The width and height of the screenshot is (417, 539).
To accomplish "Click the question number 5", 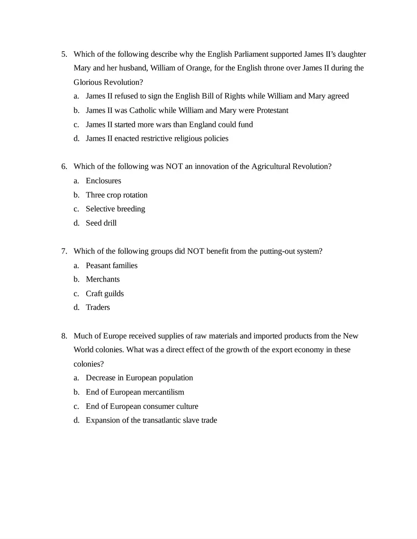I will tap(64, 54).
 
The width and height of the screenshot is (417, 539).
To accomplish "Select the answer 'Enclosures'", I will tap(103, 181).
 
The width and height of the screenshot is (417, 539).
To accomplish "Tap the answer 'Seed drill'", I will tap(101, 223).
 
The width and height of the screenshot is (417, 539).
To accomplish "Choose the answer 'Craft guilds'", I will tap(105, 293).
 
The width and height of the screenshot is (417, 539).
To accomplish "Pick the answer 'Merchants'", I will tap(103, 279).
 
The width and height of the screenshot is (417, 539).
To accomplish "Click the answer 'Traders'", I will tap(98, 307).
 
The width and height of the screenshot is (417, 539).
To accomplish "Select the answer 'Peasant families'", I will tap(111, 265).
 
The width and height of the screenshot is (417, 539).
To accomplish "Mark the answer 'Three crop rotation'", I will tap(117, 195).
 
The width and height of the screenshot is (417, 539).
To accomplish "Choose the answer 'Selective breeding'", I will tap(115, 209).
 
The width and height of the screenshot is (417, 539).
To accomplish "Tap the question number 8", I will tap(64, 336).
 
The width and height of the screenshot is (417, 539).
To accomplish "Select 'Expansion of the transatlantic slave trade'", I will tap(151, 420).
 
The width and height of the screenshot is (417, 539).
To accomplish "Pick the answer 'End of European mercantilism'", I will tap(135, 392).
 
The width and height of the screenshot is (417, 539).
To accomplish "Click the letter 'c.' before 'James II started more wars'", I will tap(76, 124).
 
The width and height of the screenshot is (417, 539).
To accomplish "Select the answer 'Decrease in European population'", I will tap(139, 378).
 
